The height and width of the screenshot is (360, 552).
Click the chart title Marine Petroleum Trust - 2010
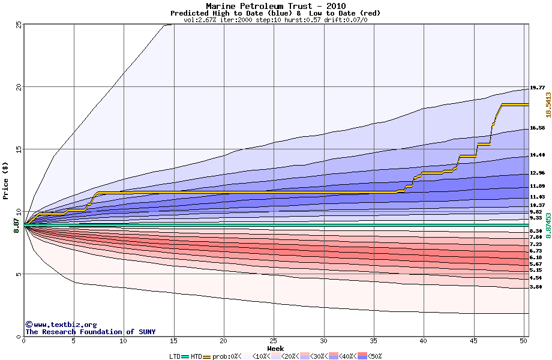click(x=275, y=6)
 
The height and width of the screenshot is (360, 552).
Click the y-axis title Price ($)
click(x=5, y=180)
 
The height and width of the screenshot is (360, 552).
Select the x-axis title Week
click(x=275, y=349)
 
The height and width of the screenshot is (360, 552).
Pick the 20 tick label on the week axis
click(x=223, y=341)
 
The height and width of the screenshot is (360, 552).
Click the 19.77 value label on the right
click(x=537, y=88)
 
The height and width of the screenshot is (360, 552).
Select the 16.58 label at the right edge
click(x=537, y=128)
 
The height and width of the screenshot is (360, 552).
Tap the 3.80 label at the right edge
click(x=537, y=287)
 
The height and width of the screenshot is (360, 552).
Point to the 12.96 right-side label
click(x=537, y=173)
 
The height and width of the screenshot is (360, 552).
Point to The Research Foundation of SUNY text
click(x=80, y=332)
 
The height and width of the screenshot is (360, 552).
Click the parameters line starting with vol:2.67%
click(x=275, y=20)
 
